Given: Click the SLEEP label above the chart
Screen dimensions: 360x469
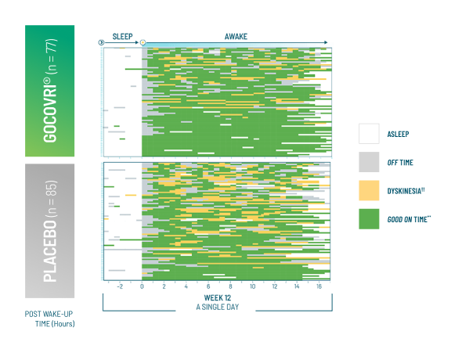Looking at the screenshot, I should click(123, 36).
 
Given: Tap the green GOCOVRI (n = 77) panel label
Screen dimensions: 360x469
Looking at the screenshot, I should click(50, 91).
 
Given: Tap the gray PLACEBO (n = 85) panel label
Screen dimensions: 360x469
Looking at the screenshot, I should click(50, 231).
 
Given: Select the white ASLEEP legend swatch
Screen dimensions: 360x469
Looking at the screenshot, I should click(370, 134).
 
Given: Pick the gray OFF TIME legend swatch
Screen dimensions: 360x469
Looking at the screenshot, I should click(370, 162).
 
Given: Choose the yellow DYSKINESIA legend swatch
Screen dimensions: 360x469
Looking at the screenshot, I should click(370, 190).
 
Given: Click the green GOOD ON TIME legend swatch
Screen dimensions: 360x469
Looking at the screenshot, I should click(370, 218).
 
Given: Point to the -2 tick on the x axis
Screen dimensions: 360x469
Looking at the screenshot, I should click(120, 286).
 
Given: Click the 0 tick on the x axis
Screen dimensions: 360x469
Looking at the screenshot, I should click(142, 286).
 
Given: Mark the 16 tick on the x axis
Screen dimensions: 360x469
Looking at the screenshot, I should click(319, 286).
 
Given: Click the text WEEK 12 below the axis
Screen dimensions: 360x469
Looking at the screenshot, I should click(219, 298).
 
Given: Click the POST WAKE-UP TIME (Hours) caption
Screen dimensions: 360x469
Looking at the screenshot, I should click(50, 320).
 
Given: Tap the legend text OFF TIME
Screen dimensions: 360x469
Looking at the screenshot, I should click(400, 163).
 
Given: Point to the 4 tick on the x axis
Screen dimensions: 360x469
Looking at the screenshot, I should click(186, 286).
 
